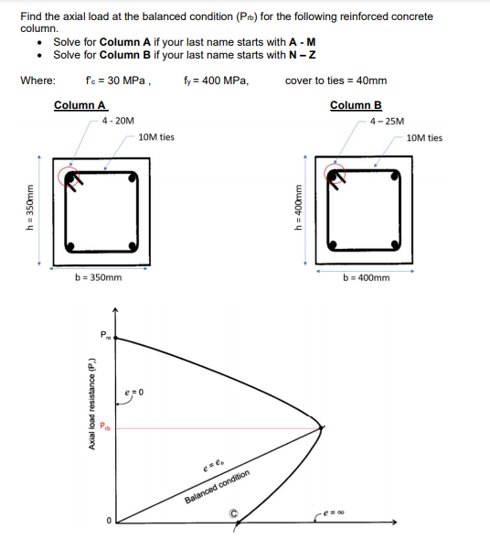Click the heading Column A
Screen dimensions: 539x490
point(80,105)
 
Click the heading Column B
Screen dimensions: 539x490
point(355,105)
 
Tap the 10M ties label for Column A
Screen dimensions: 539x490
point(155,137)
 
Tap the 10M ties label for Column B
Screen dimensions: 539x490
point(423,138)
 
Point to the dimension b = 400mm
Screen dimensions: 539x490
point(366,277)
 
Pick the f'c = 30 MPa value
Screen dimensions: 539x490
point(116,81)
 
